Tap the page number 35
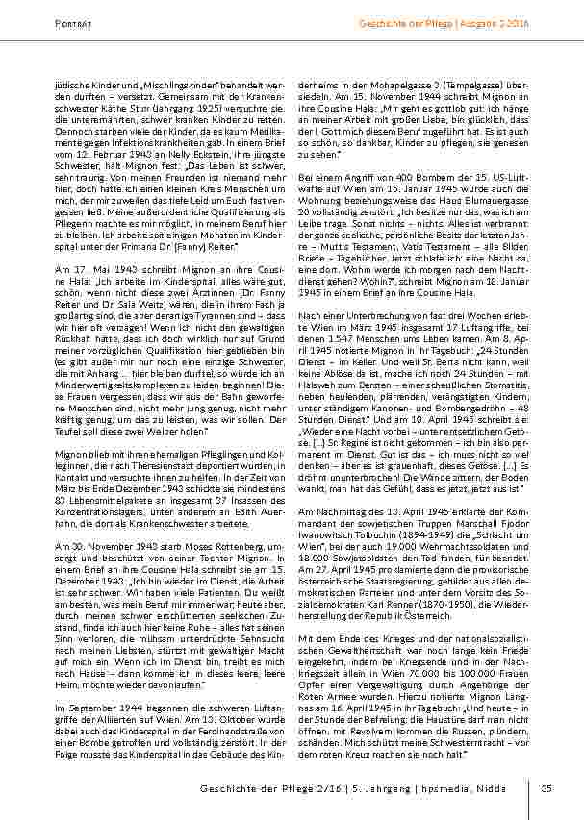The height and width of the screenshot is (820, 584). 546,789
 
